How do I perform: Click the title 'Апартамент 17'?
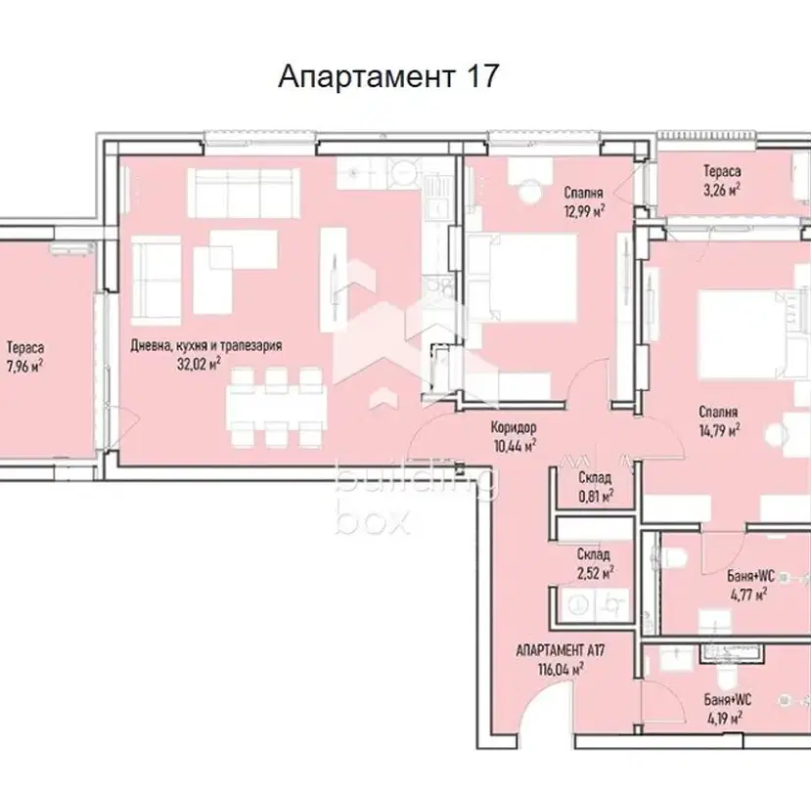tap(388, 76)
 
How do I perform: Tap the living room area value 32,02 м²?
tap(200, 364)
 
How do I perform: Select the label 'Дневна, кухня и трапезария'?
tap(205, 345)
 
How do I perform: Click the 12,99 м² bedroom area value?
tap(585, 211)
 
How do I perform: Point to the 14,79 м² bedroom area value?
tap(719, 430)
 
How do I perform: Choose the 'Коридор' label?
tap(514, 427)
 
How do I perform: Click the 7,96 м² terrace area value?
tap(24, 366)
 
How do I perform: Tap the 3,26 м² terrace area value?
tap(722, 190)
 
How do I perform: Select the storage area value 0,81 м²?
tap(596, 497)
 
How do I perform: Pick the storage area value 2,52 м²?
tap(596, 573)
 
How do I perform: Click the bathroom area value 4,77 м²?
tap(748, 594)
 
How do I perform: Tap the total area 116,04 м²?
tap(562, 670)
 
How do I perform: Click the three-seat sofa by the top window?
tap(244, 186)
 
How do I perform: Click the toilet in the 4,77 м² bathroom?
tap(674, 557)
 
